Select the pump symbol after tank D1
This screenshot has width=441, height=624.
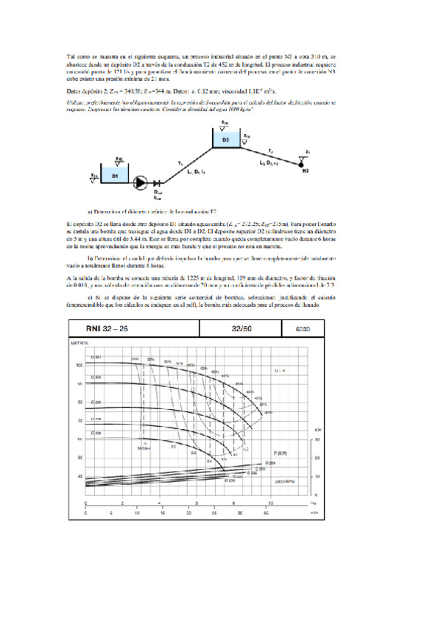coord(141,180)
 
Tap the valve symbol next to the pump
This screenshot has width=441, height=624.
coord(156,181)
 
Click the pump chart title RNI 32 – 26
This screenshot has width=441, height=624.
coord(107,308)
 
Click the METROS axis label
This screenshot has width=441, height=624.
coord(80,322)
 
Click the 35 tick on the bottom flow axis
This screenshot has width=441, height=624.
coord(266,512)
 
